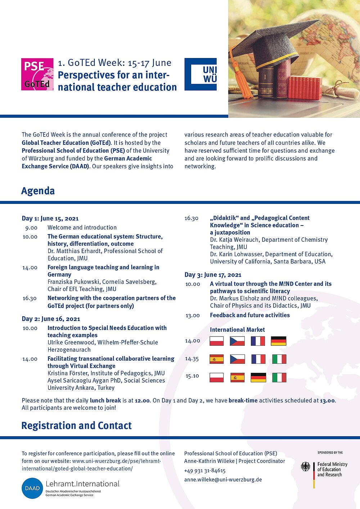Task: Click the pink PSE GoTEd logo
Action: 37,74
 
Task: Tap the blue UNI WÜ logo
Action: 201,74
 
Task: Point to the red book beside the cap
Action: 304,88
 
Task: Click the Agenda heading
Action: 38,191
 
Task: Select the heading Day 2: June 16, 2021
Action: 51,319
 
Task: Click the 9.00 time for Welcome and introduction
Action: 31,228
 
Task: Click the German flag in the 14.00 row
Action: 278,341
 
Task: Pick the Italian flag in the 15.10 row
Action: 279,378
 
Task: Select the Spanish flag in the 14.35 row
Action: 217,359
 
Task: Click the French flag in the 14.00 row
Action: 258,341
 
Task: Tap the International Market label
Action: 237,330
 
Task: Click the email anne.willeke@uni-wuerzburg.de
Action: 223,479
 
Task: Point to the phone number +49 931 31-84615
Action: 205,470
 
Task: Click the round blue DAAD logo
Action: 32,488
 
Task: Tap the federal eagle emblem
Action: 306,467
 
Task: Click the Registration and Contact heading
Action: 77,426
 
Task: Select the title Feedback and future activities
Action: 250,315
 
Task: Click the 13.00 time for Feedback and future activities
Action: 193,316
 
